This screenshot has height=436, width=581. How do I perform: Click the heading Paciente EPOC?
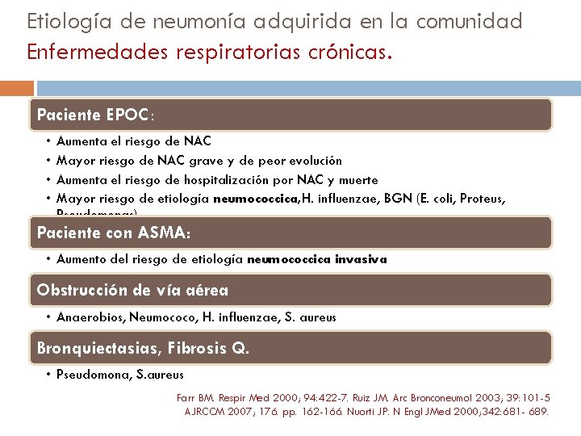click(x=94, y=115)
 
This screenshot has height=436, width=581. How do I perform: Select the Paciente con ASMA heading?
click(x=114, y=233)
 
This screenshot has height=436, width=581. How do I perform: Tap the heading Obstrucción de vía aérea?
click(x=132, y=290)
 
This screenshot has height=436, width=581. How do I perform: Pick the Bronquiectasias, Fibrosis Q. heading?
click(x=144, y=348)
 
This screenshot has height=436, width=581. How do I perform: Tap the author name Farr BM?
click(x=196, y=397)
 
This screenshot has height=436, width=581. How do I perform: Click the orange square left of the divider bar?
click(x=16, y=88)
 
